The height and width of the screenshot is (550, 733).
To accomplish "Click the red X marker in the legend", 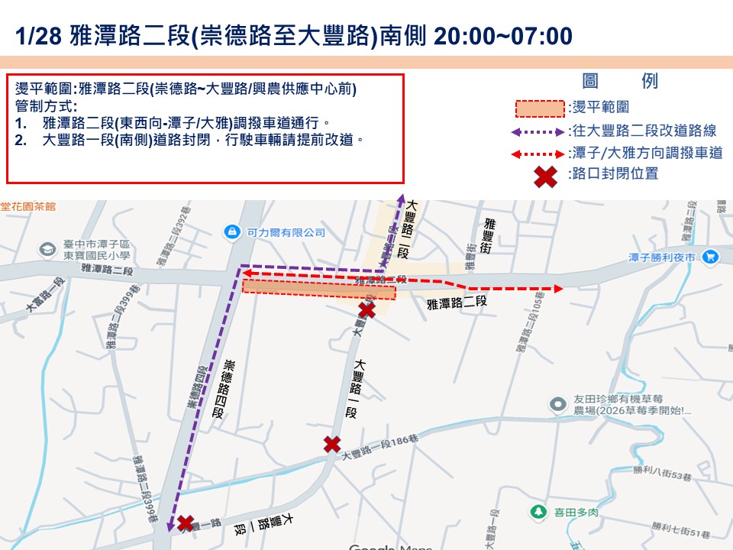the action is (544, 176).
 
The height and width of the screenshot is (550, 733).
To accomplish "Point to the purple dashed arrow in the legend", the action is (540, 131).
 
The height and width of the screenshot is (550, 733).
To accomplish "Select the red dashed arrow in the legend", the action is (540, 154).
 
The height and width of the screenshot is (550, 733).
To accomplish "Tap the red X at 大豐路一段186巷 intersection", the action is (332, 444).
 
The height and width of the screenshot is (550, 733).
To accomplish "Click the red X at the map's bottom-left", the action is (185, 523).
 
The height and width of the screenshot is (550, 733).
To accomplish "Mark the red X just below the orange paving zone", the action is (367, 309).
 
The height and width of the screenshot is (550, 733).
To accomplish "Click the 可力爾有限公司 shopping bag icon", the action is (231, 231).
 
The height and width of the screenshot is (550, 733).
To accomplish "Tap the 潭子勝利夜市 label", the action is (661, 258).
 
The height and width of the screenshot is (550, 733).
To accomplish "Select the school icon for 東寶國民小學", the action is (48, 250).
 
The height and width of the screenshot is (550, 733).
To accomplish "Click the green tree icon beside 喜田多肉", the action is (539, 511).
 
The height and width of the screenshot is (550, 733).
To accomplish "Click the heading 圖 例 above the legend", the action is (619, 82).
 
